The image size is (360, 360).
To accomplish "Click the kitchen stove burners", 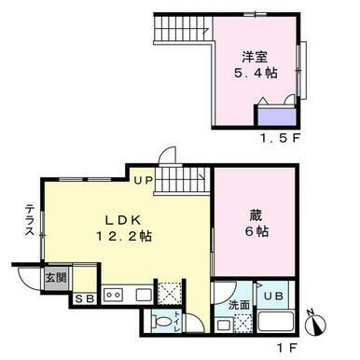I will click(x=113, y=295).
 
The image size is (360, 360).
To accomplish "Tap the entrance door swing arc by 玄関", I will click(x=24, y=278).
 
